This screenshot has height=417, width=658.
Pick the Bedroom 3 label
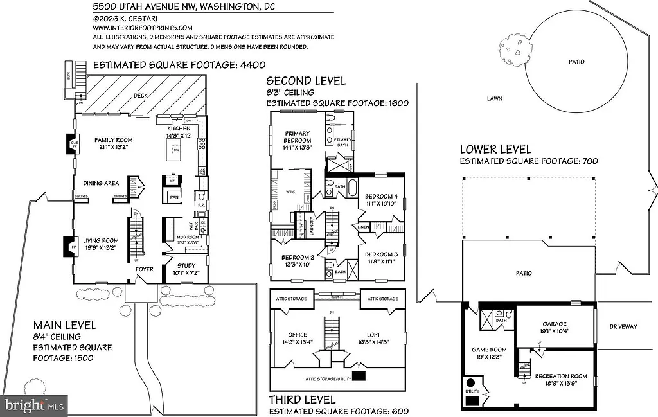(382, 258)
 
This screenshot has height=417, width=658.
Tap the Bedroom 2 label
(298, 260)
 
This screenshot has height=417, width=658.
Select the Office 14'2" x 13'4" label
(298, 339)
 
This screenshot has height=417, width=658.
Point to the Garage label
(554, 328)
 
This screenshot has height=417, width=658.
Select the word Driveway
(623, 327)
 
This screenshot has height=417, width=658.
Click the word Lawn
(494, 99)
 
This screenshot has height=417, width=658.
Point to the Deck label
(140, 96)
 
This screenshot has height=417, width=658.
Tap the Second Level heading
(306, 81)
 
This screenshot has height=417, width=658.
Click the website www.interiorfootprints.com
(143, 28)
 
